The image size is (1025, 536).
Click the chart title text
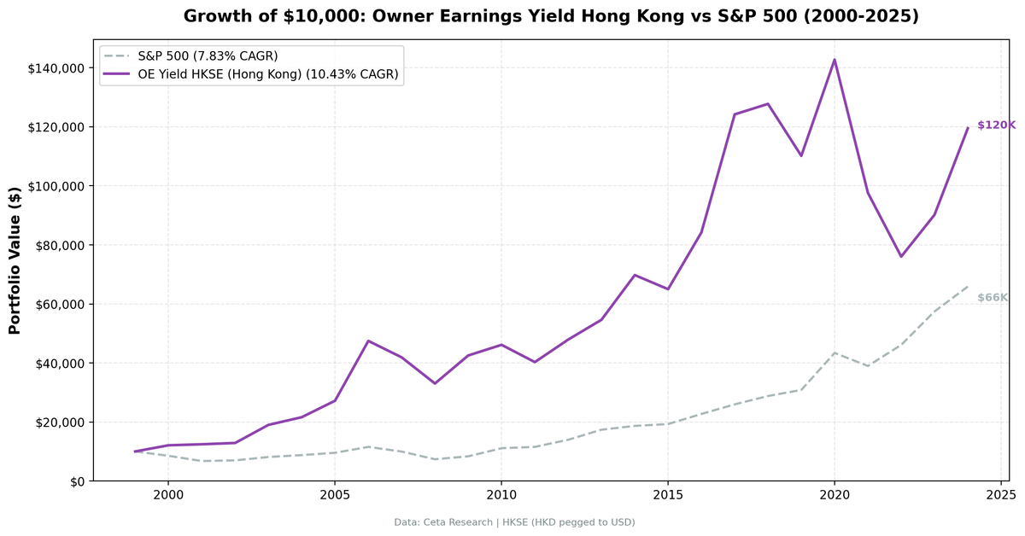pyautogui.click(x=551, y=16)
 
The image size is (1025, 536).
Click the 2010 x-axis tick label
pyautogui.click(x=501, y=495)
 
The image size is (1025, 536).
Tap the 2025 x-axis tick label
pyautogui.click(x=1000, y=495)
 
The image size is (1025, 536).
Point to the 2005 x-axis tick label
pyautogui.click(x=334, y=495)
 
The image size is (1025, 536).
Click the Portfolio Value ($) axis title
pyautogui.click(x=15, y=260)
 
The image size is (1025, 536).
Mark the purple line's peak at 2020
pyautogui.click(x=835, y=60)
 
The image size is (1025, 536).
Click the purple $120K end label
pyautogui.click(x=996, y=125)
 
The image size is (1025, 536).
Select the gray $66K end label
pyautogui.click(x=993, y=298)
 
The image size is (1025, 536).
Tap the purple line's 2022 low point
pyautogui.click(x=900, y=257)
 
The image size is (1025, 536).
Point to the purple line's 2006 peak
pyautogui.click(x=368, y=341)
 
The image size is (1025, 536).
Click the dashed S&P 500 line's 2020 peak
pyautogui.click(x=835, y=352)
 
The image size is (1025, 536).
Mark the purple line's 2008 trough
pyautogui.click(x=435, y=383)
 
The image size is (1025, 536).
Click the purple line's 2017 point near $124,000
pyautogui.click(x=735, y=114)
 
